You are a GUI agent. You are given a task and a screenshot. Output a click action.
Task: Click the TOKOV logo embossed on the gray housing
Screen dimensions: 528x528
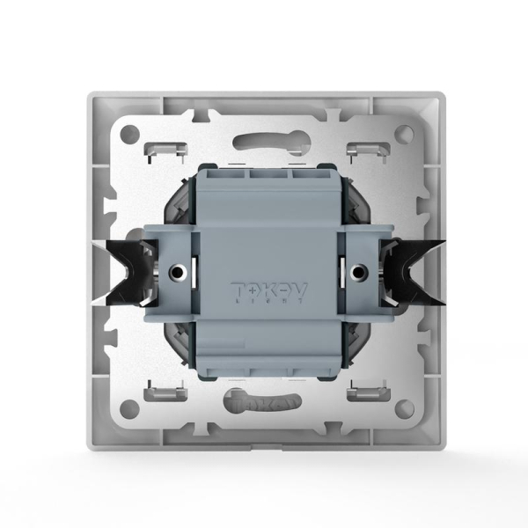pyautogui.click(x=263, y=289)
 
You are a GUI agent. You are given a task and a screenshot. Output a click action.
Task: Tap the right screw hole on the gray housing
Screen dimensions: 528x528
pyautogui.click(x=359, y=272)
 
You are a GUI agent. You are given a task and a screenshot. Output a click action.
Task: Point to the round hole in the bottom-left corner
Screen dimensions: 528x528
pyautogui.click(x=129, y=407)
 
